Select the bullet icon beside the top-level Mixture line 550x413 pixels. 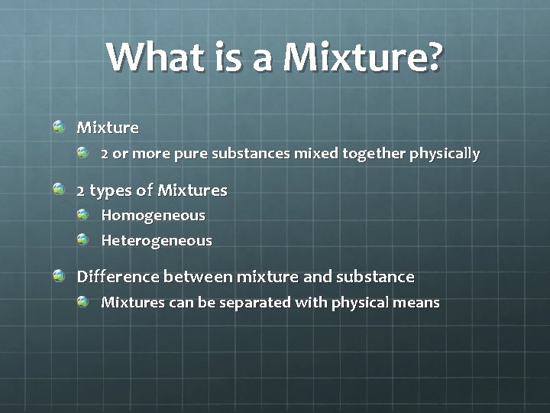coord(60,126)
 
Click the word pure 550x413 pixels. coord(191,154)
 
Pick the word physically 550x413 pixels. coord(445,154)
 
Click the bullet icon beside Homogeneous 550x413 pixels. coord(84,215)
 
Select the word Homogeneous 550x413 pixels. coord(153,216)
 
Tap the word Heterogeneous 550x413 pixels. coord(157,241)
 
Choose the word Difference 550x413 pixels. coord(117,276)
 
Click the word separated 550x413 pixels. coord(255,303)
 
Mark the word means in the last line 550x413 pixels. coord(416,302)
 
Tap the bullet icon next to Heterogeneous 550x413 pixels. coord(84,240)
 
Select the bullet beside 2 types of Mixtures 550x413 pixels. coord(60,189)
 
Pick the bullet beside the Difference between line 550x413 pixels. coord(60,275)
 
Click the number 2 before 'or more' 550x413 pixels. coord(105,154)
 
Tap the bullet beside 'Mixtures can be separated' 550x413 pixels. coord(84,301)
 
